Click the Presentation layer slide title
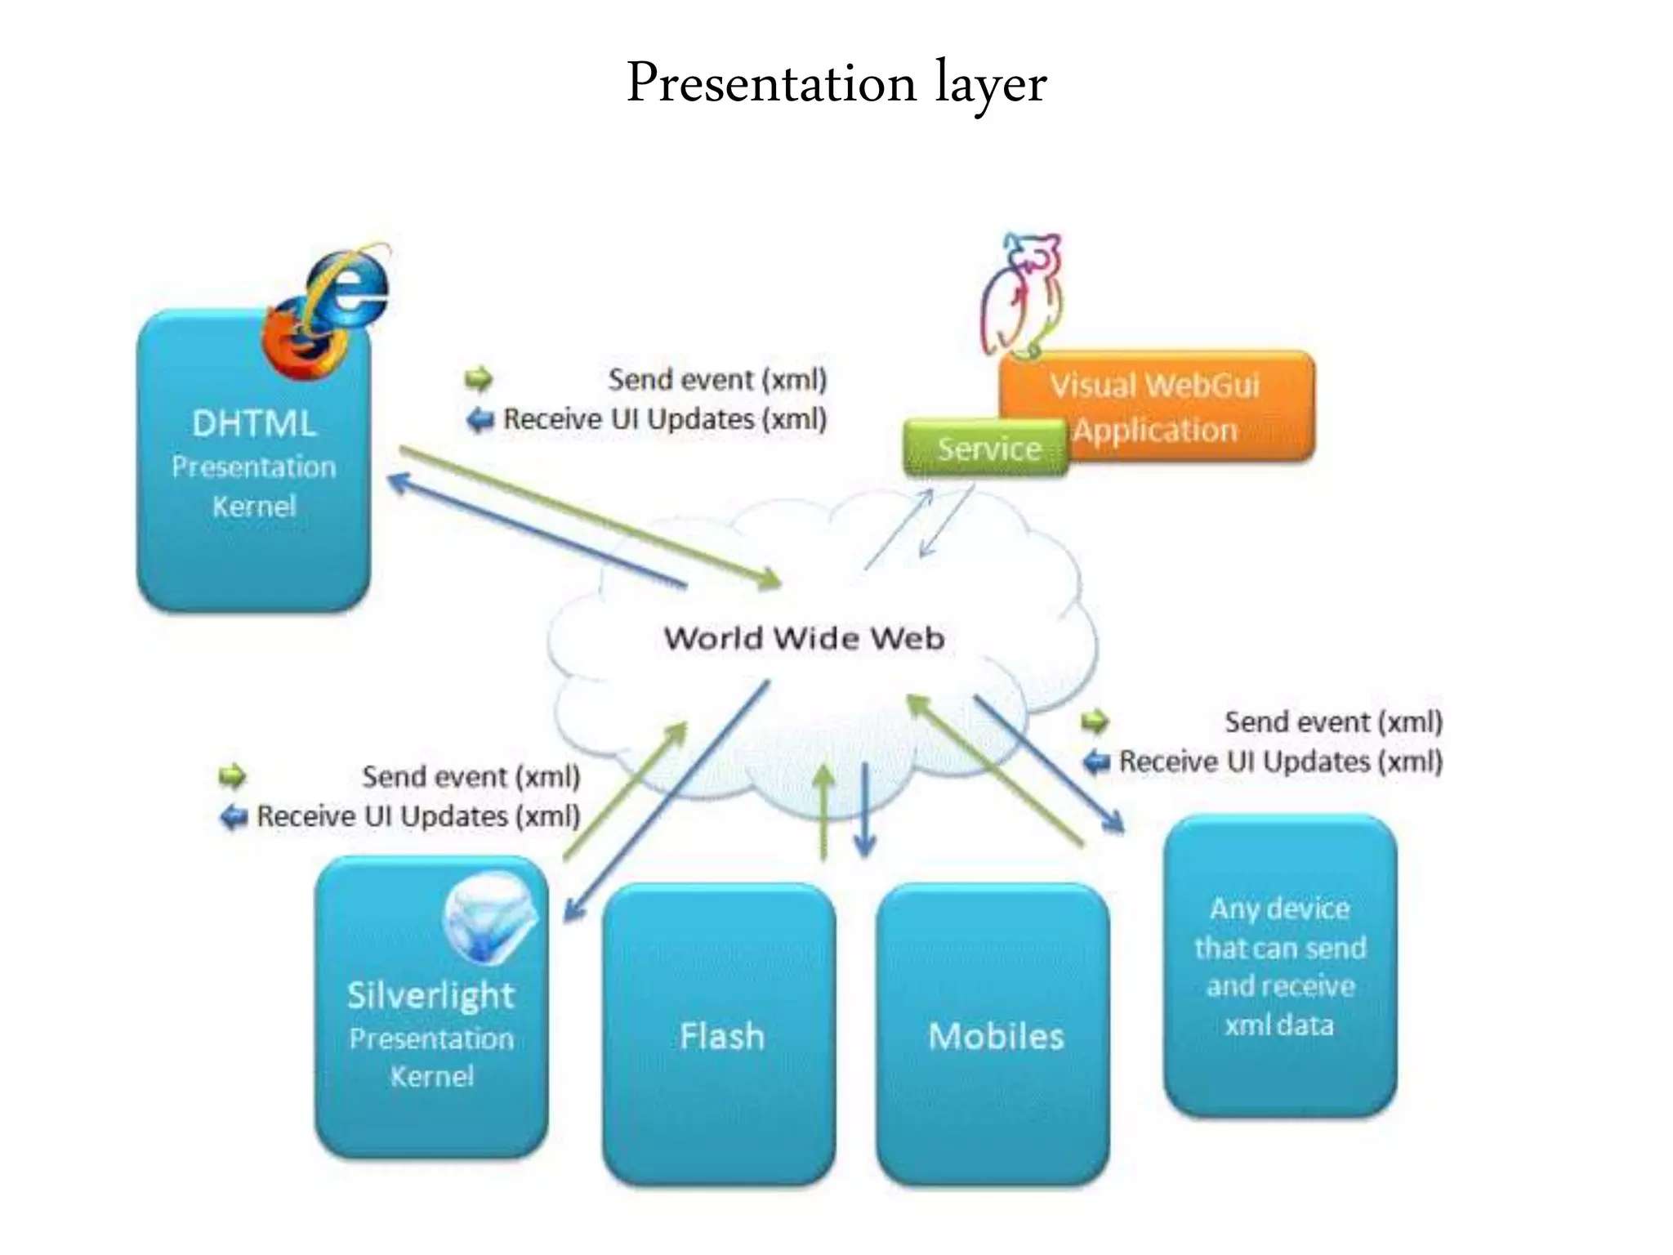tap(836, 84)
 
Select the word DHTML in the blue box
tap(253, 424)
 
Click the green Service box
tap(987, 449)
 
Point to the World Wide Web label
tap(804, 638)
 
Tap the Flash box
tap(720, 1035)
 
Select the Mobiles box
tap(994, 1035)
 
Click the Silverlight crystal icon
tap(489, 918)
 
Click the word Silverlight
tap(431, 995)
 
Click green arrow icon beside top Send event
tap(479, 378)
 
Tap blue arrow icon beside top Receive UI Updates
tap(480, 420)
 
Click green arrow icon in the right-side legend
tap(1095, 721)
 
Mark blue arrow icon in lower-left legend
tap(234, 815)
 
